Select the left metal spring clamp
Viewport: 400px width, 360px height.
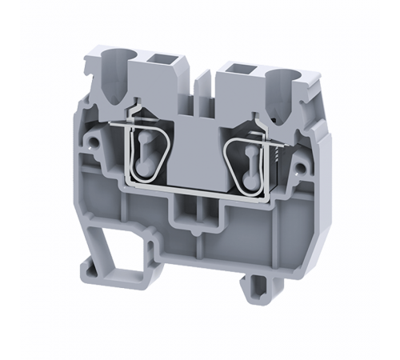tap(146, 151)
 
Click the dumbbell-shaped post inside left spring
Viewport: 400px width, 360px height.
tap(146, 153)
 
